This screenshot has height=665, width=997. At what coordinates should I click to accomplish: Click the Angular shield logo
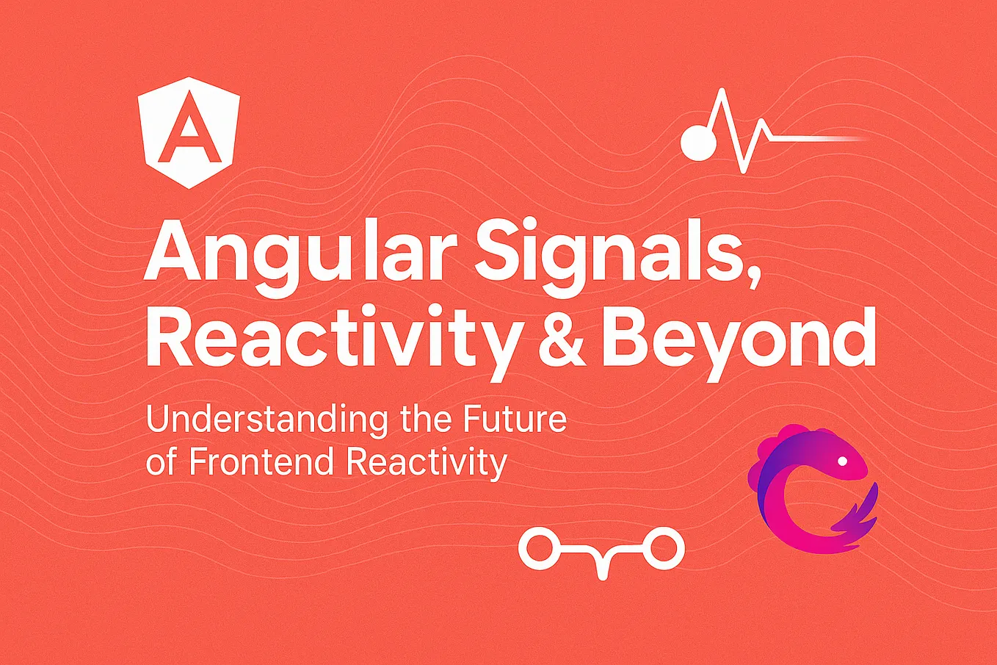pyautogui.click(x=189, y=131)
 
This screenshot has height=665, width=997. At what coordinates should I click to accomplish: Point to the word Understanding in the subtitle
pyautogui.click(x=267, y=420)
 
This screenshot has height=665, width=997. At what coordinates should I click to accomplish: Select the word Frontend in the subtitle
pyautogui.click(x=264, y=462)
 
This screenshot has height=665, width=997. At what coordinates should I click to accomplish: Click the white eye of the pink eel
pyautogui.click(x=842, y=461)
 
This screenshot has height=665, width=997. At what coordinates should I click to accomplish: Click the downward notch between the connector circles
pyautogui.click(x=602, y=566)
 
